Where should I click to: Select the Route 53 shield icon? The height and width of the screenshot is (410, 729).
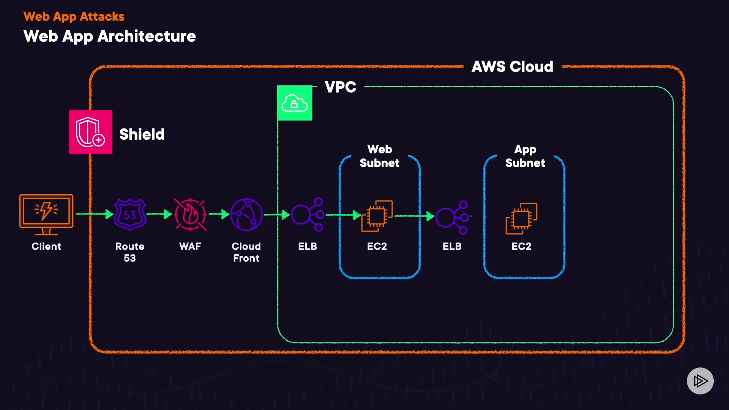click(130, 214)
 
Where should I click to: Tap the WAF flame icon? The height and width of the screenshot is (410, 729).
click(190, 214)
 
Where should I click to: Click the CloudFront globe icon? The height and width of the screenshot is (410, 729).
click(246, 214)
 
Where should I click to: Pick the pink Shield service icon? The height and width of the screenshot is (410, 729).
click(90, 132)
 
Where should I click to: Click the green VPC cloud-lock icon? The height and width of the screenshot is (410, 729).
click(295, 103)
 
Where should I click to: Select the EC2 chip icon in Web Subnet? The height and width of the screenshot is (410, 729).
click(377, 216)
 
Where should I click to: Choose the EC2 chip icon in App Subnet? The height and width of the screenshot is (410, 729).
click(521, 218)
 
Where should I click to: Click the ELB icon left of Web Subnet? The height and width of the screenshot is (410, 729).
click(308, 214)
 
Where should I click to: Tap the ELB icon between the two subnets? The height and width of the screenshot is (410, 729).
click(452, 217)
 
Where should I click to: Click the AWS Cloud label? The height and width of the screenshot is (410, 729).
click(512, 67)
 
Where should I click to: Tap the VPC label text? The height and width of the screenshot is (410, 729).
click(341, 87)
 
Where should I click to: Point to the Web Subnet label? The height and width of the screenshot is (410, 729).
click(380, 156)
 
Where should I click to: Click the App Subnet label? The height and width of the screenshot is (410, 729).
click(525, 156)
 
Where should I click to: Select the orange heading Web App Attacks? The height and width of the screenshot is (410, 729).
click(74, 17)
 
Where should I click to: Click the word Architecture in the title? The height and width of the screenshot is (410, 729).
click(147, 36)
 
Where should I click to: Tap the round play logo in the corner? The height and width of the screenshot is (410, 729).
click(700, 381)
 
